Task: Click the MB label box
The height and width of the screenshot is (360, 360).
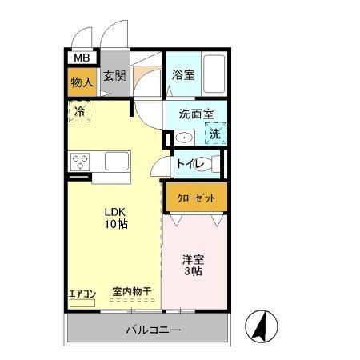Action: [x=82, y=58]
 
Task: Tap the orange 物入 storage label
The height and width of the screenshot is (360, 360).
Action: [x=82, y=81]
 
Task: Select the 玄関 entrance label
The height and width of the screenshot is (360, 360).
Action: [x=114, y=77]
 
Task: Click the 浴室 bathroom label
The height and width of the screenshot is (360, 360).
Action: [x=183, y=75]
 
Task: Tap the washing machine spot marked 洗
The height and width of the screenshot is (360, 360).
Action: [x=214, y=134]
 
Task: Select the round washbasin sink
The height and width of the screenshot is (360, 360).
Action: [x=184, y=138]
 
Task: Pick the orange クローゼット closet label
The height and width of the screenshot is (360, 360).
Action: [x=195, y=196]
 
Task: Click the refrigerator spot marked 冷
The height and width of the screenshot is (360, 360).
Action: [x=79, y=112]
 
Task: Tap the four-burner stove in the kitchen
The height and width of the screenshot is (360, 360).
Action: [x=81, y=162]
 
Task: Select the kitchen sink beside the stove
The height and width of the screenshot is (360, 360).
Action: [x=114, y=162]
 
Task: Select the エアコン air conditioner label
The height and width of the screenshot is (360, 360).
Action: [x=82, y=294]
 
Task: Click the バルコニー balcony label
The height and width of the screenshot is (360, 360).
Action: [x=153, y=330]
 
